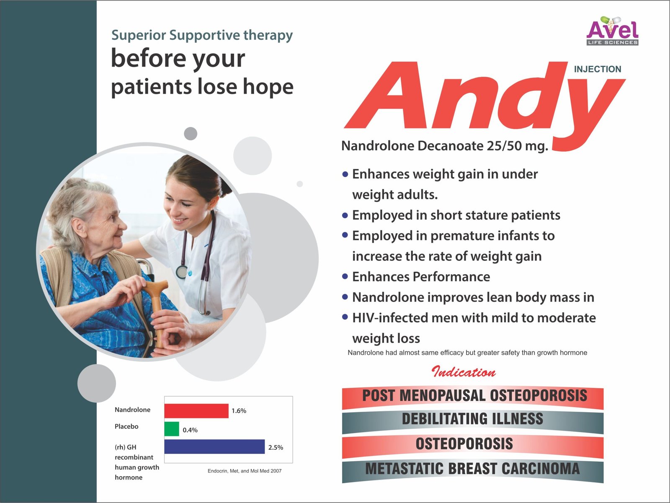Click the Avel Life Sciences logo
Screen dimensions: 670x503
612,31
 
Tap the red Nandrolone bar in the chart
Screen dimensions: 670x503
196,411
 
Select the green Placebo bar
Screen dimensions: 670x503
172,429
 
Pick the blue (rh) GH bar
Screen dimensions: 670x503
214,446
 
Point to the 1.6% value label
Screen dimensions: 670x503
239,411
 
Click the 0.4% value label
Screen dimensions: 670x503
190,430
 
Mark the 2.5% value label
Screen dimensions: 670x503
276,447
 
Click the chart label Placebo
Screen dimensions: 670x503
126,426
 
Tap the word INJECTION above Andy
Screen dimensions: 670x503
598,69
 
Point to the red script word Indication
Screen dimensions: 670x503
464,372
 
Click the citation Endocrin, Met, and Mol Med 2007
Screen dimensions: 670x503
245,471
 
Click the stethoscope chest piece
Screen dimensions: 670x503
182,271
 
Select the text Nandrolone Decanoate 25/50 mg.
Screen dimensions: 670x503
445,146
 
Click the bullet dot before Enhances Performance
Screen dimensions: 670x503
345,276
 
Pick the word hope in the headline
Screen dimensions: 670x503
268,87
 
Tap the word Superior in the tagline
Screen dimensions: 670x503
138,36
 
